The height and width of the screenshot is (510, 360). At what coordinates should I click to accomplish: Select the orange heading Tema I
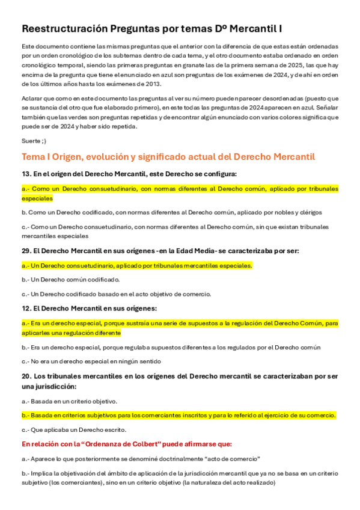pos(168,157)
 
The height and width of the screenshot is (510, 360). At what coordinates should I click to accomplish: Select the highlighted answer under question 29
pos(137,265)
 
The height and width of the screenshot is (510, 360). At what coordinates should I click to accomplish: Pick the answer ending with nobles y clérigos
pos(172,212)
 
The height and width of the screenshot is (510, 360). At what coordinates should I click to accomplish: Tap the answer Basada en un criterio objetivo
pos(69,401)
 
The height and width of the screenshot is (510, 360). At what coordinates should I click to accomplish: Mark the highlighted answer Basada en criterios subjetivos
pos(178,415)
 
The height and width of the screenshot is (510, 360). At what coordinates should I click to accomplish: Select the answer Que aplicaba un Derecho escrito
pos(74,430)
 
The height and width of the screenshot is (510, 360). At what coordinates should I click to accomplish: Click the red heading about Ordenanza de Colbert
pos(126,444)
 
